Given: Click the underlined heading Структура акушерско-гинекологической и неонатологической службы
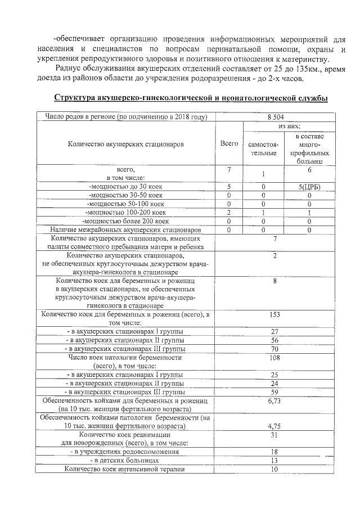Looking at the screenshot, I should pos(191,98).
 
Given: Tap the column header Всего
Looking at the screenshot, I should pos(229,144).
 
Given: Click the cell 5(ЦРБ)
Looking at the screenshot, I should pos(309,187).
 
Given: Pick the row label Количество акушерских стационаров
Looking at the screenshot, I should pos(125,144).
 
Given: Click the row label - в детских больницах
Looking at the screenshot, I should pos(125,460).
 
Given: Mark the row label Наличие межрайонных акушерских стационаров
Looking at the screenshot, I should pos(125,229).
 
